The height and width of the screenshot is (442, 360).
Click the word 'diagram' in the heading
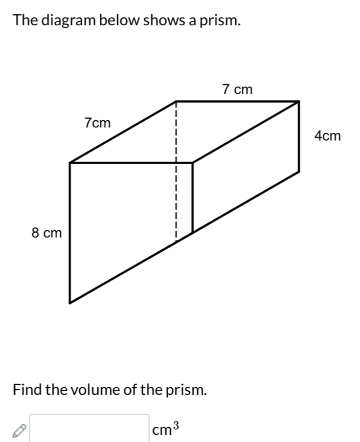[x=69, y=21]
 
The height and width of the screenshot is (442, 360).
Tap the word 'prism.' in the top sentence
[x=220, y=21]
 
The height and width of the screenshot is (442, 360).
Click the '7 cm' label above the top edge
[x=237, y=90]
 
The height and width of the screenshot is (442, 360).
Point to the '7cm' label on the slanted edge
[x=98, y=123]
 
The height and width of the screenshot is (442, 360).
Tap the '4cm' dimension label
[x=328, y=136]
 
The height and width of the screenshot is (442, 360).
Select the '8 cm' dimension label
[x=47, y=233]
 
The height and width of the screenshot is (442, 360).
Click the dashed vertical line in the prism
[x=175, y=171]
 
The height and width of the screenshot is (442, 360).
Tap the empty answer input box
[x=89, y=428]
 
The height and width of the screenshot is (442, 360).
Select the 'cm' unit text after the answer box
[x=162, y=430]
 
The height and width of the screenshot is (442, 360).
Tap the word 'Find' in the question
[x=27, y=390]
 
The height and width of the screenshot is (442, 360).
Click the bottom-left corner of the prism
[x=70, y=303]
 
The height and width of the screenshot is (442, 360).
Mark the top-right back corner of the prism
[x=299, y=101]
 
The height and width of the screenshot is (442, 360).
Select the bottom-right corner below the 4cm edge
[x=299, y=171]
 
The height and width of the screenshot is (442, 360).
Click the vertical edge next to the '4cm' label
[x=299, y=136]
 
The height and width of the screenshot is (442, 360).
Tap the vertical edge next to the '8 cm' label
[x=70, y=233]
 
